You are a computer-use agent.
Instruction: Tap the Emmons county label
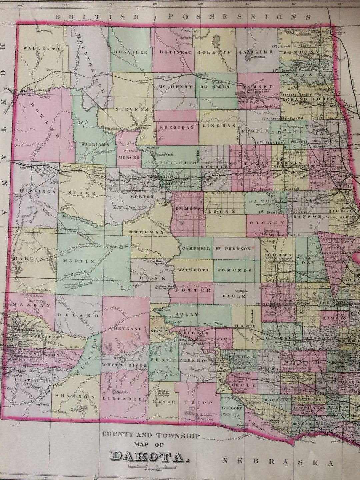189,208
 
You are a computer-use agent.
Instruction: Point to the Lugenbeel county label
124,398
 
